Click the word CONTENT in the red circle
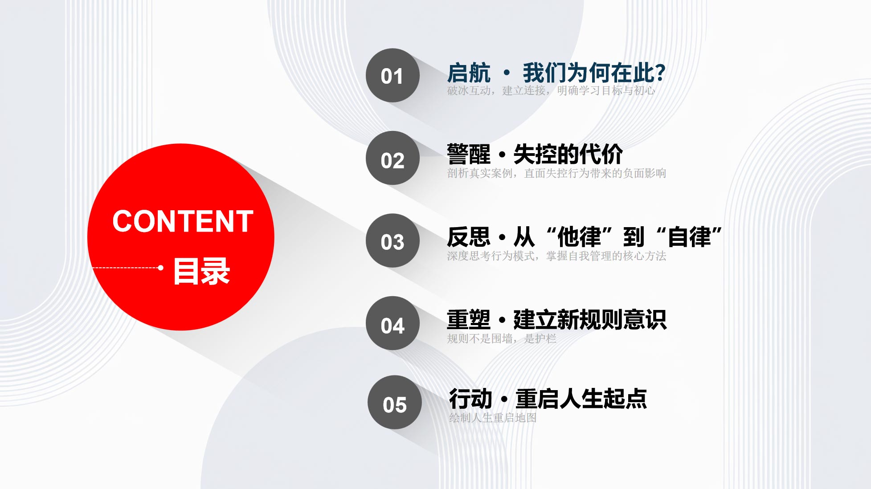(183, 221)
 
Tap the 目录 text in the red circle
(201, 271)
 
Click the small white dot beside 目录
(160, 268)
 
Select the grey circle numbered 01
(393, 75)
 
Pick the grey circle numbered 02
(393, 158)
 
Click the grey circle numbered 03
(393, 240)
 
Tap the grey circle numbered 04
(393, 323)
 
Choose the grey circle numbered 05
(394, 402)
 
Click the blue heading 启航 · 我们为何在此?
(556, 73)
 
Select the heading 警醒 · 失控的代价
(535, 154)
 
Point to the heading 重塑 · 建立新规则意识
(557, 320)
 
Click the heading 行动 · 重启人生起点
(548, 399)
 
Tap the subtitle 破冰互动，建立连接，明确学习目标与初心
(551, 91)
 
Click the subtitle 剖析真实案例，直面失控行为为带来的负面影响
(556, 173)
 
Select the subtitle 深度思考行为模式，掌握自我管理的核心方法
(556, 256)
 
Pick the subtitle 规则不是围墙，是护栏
(502, 339)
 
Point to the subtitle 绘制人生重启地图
(493, 418)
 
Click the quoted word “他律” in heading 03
(579, 236)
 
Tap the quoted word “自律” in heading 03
(689, 236)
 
